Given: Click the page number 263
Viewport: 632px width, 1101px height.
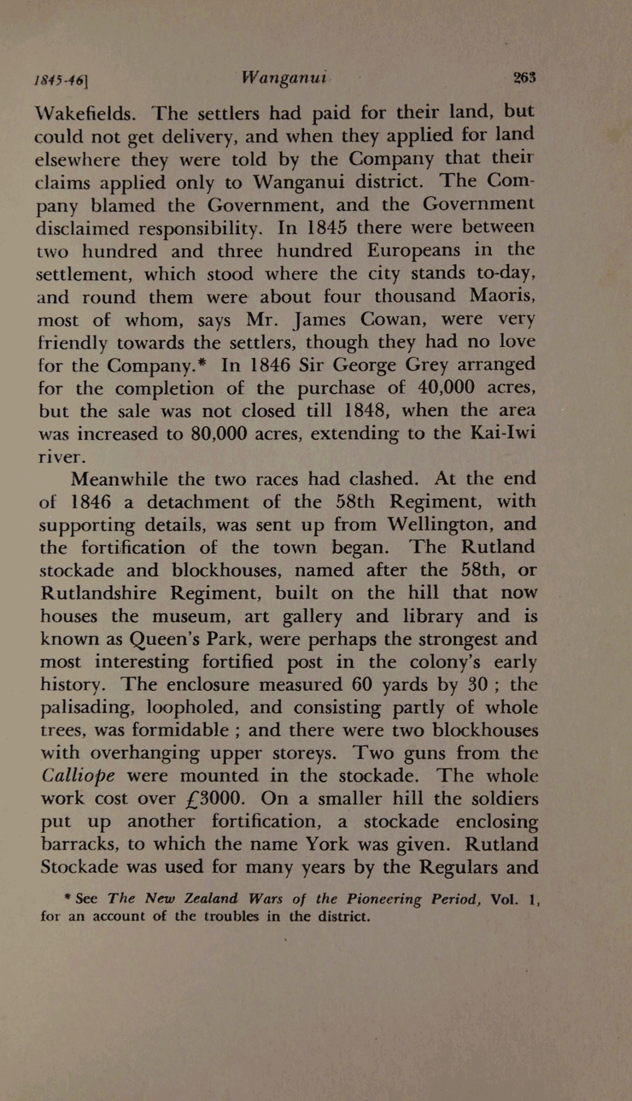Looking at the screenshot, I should coord(524,77).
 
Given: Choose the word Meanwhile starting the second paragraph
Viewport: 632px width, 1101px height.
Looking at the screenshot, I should coord(119,479).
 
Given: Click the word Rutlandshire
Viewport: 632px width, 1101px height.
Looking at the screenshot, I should coord(98,593).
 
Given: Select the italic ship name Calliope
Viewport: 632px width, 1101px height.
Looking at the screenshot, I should coord(78,776).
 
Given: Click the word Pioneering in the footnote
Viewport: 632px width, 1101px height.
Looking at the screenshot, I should coord(384,900).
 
